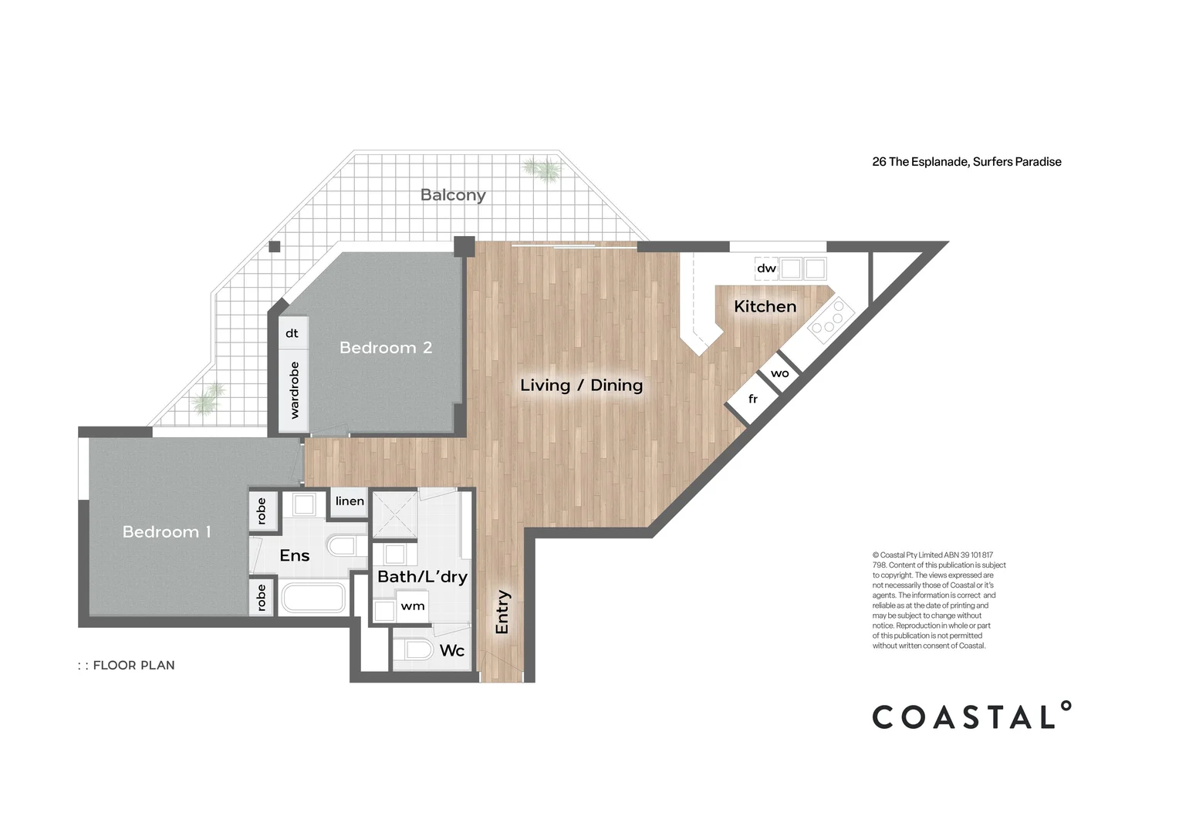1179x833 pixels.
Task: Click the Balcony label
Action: click(x=453, y=195)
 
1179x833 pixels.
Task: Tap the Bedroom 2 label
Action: click(x=386, y=348)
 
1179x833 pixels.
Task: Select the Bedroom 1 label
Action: click(x=167, y=532)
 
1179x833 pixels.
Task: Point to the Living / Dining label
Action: click(x=581, y=385)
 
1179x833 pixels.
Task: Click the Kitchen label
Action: click(x=765, y=306)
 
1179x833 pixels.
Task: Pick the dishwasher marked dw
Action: click(x=765, y=268)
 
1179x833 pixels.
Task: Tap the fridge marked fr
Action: click(x=752, y=400)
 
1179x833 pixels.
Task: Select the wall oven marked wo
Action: click(x=779, y=373)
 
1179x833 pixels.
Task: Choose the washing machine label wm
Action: click(x=412, y=606)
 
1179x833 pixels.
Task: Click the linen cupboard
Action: click(x=349, y=501)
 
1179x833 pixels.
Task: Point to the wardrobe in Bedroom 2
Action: click(x=293, y=390)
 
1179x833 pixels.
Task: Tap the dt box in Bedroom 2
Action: click(x=292, y=333)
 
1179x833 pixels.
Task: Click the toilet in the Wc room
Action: click(x=417, y=649)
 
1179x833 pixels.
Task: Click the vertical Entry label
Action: click(x=502, y=612)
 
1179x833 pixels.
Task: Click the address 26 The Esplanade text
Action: click(x=966, y=162)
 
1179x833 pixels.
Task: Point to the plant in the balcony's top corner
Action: click(x=539, y=169)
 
